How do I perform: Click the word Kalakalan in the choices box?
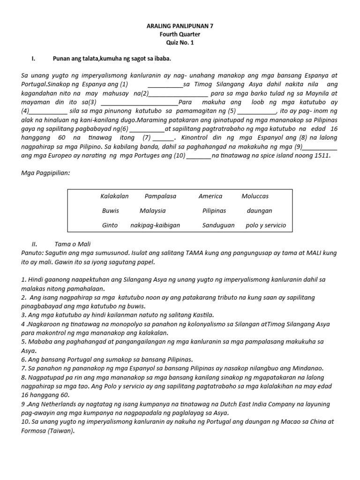pos(114,196)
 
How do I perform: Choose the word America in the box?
pos(210,196)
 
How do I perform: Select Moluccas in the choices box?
pos(255,196)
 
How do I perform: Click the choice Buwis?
pos(111,211)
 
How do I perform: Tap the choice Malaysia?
pos(152,211)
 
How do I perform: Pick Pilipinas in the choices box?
pos(214,211)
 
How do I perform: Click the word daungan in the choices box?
pos(259,211)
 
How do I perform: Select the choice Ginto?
pos(110,225)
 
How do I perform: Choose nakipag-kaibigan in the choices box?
pos(155,225)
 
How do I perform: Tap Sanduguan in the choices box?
pos(218,225)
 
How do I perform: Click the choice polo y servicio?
pos(265,225)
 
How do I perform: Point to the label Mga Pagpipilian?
pos(46,173)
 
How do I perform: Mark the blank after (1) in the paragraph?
pos(165,85)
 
